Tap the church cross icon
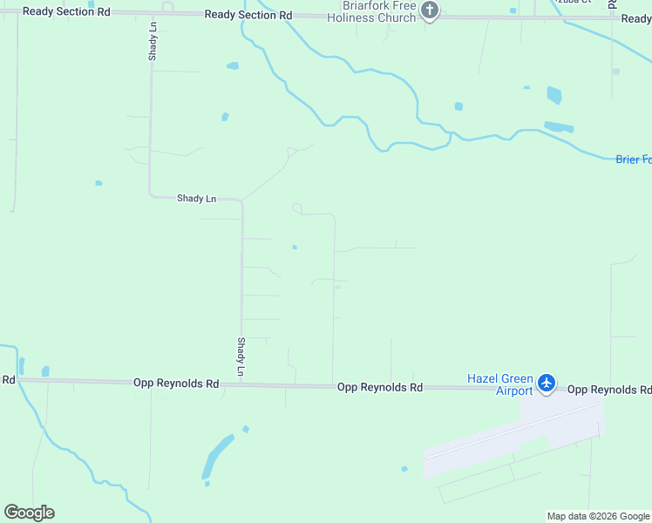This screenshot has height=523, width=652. pyautogui.click(x=429, y=10)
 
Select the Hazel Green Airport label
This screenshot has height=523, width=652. pyautogui.click(x=499, y=384)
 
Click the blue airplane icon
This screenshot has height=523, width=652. pyautogui.click(x=547, y=382)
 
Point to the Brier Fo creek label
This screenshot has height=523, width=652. pyautogui.click(x=633, y=160)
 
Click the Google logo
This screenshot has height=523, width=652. pyautogui.click(x=29, y=513)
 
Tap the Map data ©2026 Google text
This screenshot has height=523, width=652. pyautogui.click(x=598, y=516)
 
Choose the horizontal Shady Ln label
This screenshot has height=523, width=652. pyautogui.click(x=196, y=199)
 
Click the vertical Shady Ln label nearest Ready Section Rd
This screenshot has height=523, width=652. pyautogui.click(x=153, y=41)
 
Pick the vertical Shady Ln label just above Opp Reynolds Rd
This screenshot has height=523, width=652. pyautogui.click(x=241, y=357)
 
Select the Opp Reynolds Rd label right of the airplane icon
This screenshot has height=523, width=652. pyautogui.click(x=608, y=389)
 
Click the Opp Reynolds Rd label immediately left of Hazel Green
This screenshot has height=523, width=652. pyautogui.click(x=380, y=387)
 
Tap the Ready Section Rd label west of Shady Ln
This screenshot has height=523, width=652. pyautogui.click(x=67, y=11)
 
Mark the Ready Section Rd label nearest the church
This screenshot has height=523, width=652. pyautogui.click(x=248, y=16)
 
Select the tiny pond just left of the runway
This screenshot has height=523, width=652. pyautogui.click(x=404, y=469)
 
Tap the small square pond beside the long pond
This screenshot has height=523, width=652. pyautogui.click(x=246, y=429)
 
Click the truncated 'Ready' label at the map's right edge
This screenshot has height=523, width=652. pyautogui.click(x=636, y=18)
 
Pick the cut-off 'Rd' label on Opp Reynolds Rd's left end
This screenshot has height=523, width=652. pyautogui.click(x=8, y=380)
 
